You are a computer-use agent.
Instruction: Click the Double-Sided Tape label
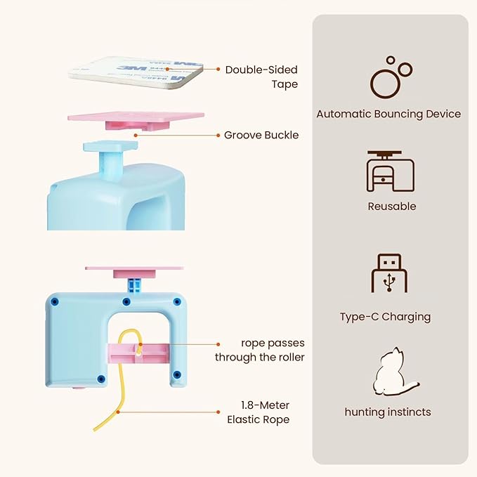pos(261,77)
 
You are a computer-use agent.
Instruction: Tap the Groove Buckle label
pos(261,135)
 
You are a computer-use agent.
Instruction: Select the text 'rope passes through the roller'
pos(259,350)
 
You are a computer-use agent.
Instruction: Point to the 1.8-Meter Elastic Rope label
pos(259,412)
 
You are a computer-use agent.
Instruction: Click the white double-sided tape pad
pos(136,72)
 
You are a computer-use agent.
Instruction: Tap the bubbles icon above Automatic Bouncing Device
pos(391,77)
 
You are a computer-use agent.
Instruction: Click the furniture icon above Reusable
pos(391,171)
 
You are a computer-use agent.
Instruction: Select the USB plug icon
pos(389,273)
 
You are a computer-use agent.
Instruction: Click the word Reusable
pos(392,207)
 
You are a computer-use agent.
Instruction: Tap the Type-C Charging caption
pos(386,317)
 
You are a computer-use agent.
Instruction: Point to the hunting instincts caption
pos(388,412)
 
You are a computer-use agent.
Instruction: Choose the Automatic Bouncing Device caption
pos(388,114)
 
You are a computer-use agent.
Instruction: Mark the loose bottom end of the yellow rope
pos(95,429)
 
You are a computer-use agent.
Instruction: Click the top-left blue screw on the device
pos(55,302)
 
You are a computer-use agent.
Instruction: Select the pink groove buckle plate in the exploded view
pos(136,121)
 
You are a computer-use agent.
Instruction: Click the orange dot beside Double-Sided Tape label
pos(218,70)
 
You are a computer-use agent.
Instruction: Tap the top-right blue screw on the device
pos(177,302)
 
